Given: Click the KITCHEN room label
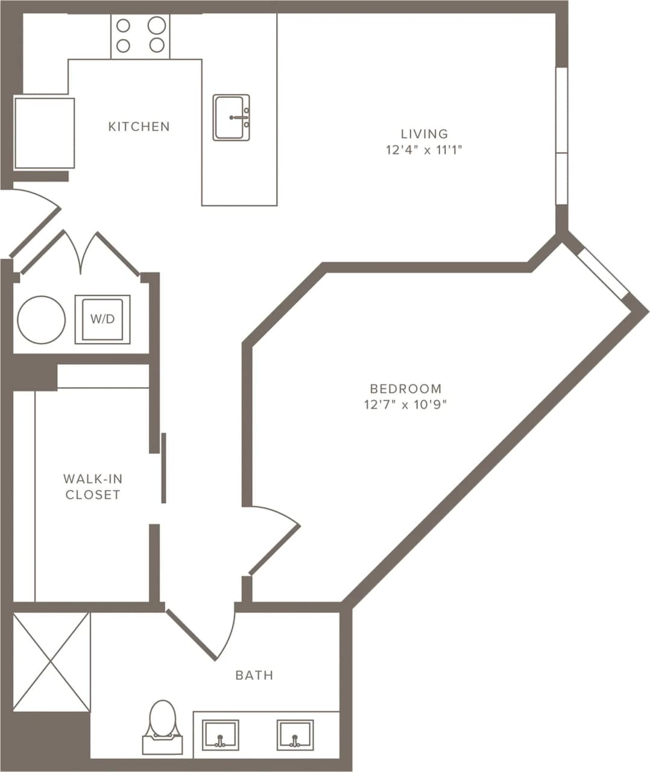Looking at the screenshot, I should pos(139,127).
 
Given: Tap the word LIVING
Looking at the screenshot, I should pos(424,134).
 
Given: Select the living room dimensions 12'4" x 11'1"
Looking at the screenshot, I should pos(424,150).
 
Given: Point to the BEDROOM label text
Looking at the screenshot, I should pos(405,388).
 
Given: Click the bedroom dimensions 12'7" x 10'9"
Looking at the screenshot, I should pos(405,405).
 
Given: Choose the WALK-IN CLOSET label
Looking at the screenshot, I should pos(93,487).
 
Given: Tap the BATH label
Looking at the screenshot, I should pos(254,675).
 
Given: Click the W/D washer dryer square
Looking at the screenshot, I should pos(103,319).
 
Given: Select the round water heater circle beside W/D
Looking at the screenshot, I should pos(41,320).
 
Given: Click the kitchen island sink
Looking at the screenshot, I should pos(231,118).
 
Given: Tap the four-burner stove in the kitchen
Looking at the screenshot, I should pos(140,36).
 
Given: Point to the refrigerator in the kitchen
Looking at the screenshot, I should pos(45,133).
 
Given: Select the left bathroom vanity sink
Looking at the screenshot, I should pos(220,735).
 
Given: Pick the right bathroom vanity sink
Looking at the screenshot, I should pos(295,735).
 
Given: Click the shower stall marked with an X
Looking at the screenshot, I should pos(51,662).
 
